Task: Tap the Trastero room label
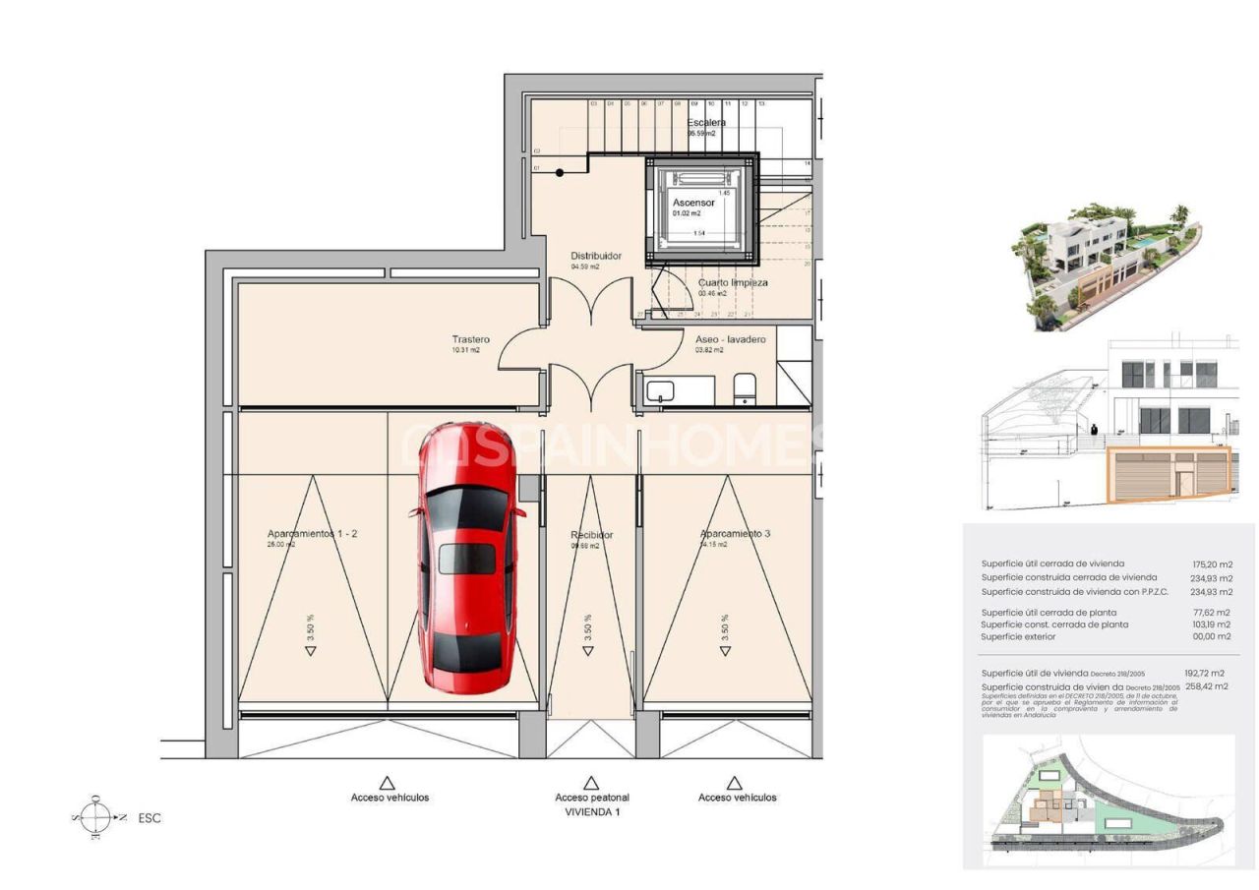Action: [470, 339]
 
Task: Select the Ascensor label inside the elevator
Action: [693, 203]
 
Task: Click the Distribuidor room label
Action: [596, 256]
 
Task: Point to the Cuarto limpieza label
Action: [733, 282]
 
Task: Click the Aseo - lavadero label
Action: [730, 339]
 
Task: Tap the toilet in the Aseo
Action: [745, 389]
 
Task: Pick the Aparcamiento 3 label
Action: [735, 534]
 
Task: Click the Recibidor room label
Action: [591, 535]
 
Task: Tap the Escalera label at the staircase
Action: [706, 123]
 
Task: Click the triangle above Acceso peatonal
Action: [591, 783]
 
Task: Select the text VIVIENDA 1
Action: [591, 812]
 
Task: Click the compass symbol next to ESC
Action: [96, 817]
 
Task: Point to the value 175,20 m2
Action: [1211, 564]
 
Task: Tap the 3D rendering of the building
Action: [1107, 266]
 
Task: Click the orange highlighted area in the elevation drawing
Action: [1169, 474]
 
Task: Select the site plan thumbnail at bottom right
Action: [1109, 800]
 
